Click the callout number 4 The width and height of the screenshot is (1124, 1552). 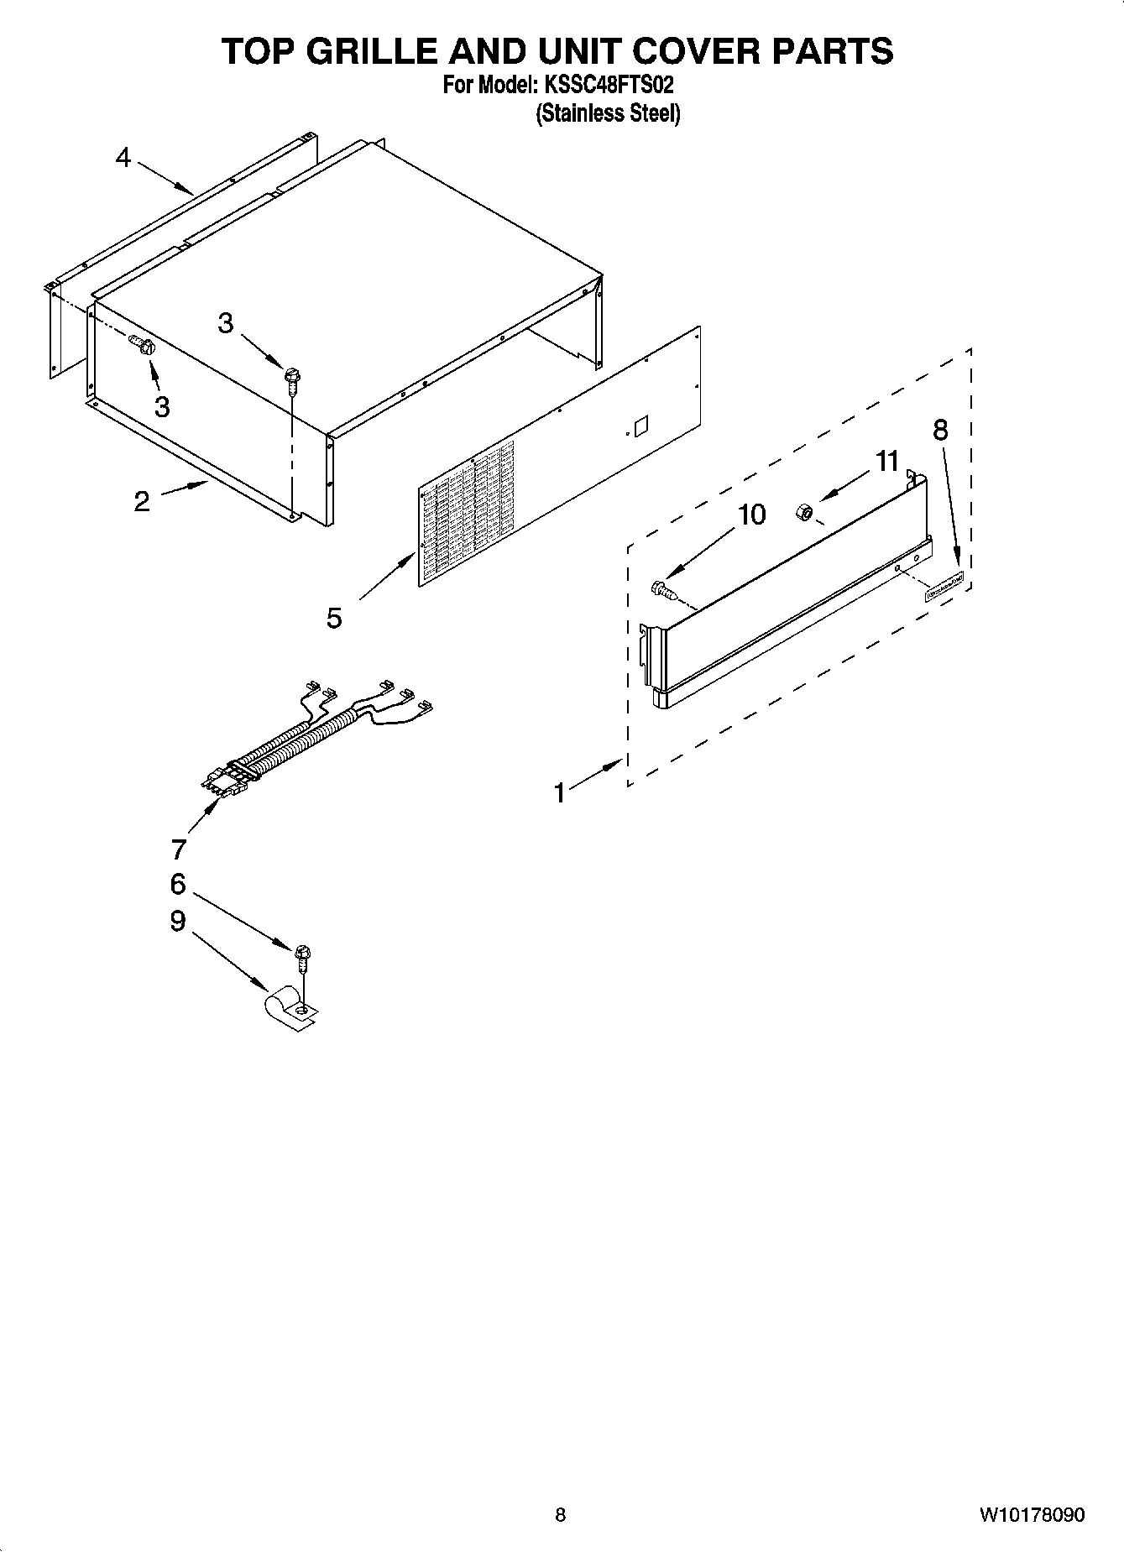click(x=123, y=157)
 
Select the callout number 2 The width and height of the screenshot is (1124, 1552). click(x=142, y=501)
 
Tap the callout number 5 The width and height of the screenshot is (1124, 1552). click(x=334, y=619)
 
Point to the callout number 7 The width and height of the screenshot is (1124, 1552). click(x=178, y=849)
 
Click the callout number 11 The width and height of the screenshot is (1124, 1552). click(x=886, y=461)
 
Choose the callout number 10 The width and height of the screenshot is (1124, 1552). click(x=752, y=515)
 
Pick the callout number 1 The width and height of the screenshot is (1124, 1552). click(x=560, y=792)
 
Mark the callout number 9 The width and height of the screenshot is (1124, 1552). click(x=178, y=921)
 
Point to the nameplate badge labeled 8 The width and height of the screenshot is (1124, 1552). click(x=944, y=588)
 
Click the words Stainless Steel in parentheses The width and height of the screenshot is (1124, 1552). click(x=608, y=113)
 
